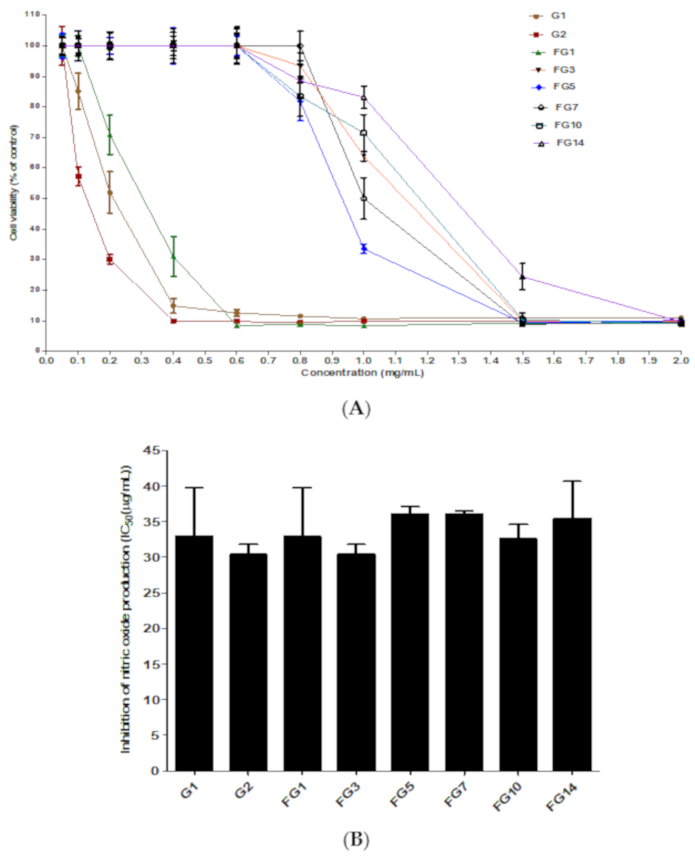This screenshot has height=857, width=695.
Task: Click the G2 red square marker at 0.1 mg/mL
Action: click(78, 176)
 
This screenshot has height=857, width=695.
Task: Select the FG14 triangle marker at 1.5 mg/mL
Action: click(522, 277)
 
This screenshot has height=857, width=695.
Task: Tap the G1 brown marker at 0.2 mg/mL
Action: click(110, 192)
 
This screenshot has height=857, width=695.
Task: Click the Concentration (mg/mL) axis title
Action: click(362, 373)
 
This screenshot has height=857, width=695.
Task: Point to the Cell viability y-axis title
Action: click(14, 183)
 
